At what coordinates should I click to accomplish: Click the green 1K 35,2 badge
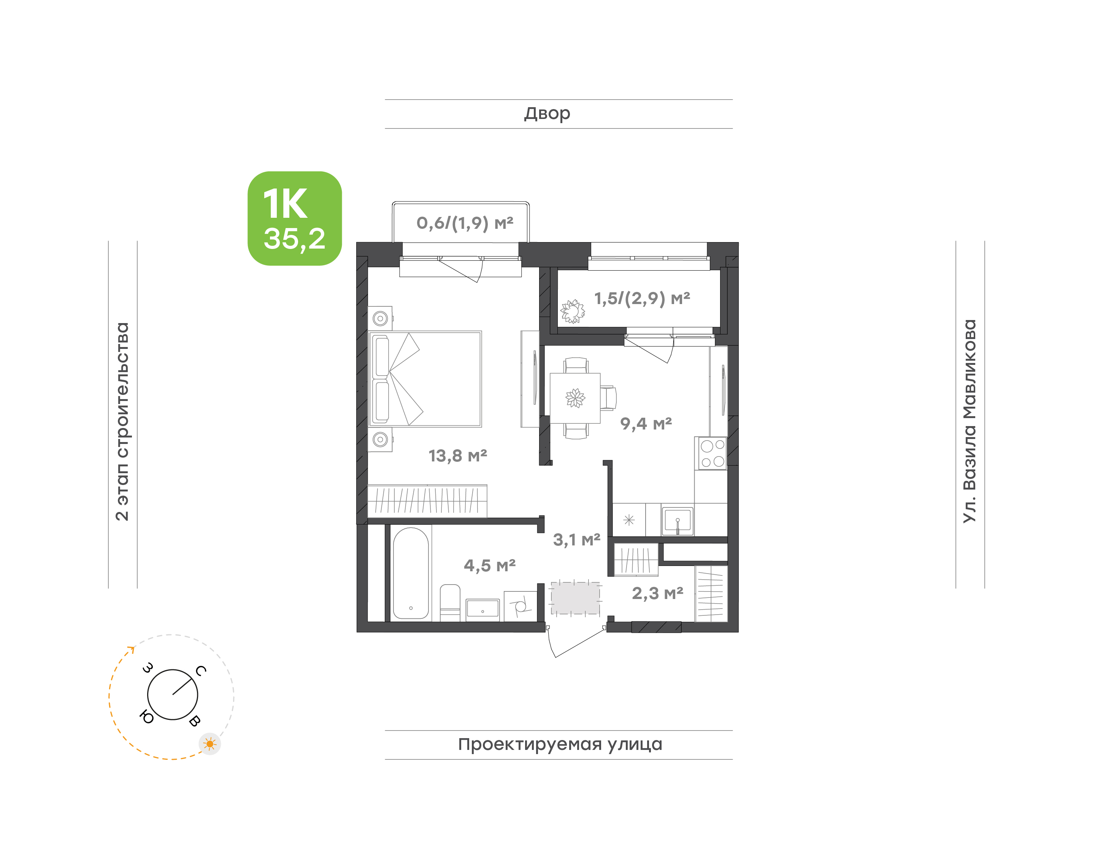(x=294, y=218)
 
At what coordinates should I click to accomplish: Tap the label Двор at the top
(x=547, y=114)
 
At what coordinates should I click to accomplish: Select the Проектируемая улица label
(x=560, y=744)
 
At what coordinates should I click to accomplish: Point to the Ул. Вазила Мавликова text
(x=969, y=421)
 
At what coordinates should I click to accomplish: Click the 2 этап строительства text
(x=122, y=422)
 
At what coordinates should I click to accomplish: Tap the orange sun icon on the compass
(x=210, y=744)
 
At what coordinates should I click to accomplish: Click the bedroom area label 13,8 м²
(x=458, y=456)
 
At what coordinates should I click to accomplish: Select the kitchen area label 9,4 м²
(x=646, y=423)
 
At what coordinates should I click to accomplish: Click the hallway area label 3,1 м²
(x=576, y=540)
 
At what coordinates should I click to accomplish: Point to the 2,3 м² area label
(x=657, y=593)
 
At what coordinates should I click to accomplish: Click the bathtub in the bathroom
(x=411, y=573)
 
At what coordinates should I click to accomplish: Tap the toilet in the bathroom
(x=450, y=602)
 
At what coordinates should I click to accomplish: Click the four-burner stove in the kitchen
(x=711, y=453)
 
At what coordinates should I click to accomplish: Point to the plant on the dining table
(x=575, y=398)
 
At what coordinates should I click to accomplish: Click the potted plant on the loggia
(x=572, y=311)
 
